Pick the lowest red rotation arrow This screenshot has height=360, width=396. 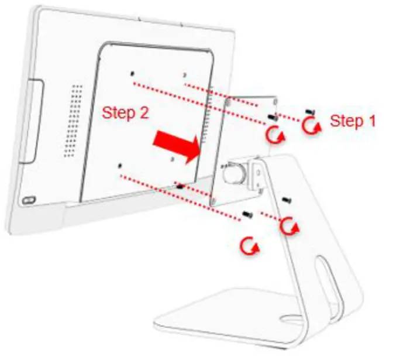tap(250, 246)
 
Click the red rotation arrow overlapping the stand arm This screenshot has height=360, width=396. tap(287, 224)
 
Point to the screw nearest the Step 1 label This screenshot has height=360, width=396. tap(309, 111)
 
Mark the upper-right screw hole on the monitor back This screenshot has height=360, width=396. tap(185, 75)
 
